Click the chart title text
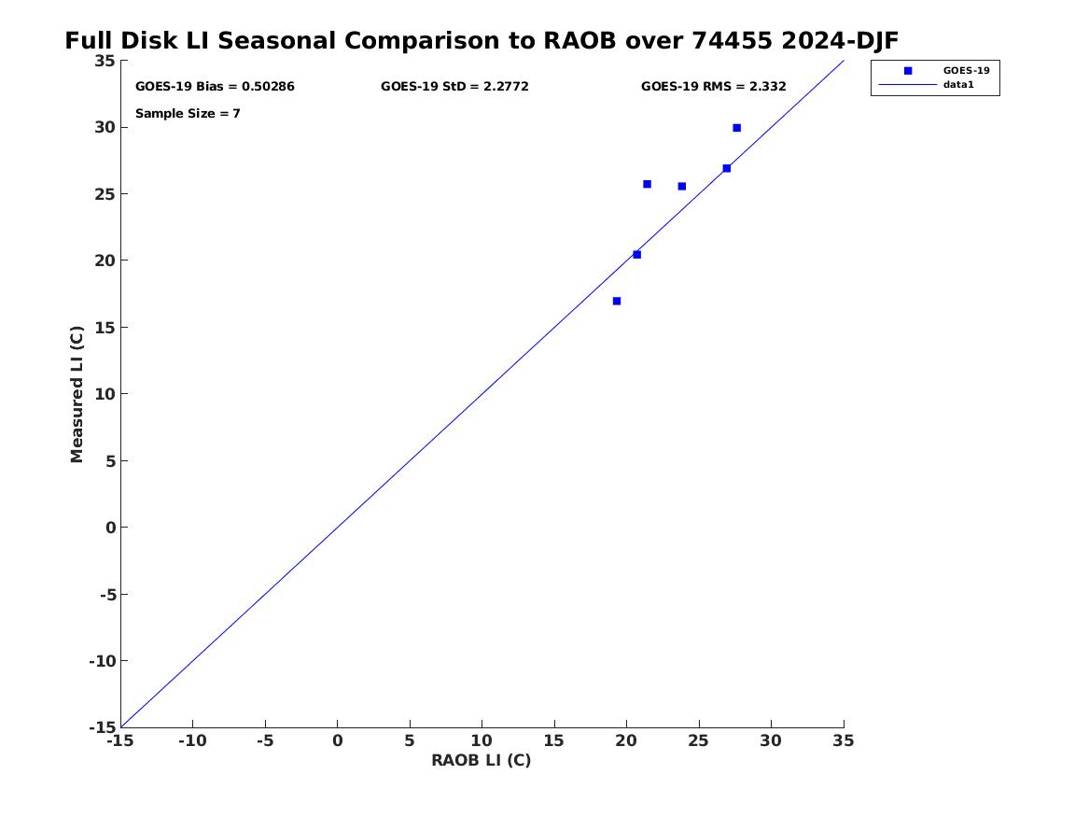[x=482, y=41]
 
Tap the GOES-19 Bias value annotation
[x=215, y=87]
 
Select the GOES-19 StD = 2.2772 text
[x=454, y=87]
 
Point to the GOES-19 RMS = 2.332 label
[x=713, y=87]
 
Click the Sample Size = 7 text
[x=188, y=113]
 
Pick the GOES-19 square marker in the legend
[x=908, y=71]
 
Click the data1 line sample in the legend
[x=908, y=85]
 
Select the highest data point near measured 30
[x=737, y=128]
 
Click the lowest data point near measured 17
[x=617, y=301]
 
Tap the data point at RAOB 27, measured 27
[x=726, y=168]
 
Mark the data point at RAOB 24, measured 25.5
[x=682, y=186]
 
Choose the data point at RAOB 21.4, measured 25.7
[x=648, y=184]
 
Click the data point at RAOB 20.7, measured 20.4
[x=636, y=255]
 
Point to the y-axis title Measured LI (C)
[x=77, y=394]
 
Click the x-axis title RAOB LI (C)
[x=482, y=760]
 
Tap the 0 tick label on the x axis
[x=338, y=741]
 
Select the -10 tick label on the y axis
[x=102, y=661]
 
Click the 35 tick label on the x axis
[x=844, y=741]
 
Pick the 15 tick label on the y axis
[x=105, y=327]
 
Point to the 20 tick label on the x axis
[x=626, y=741]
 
